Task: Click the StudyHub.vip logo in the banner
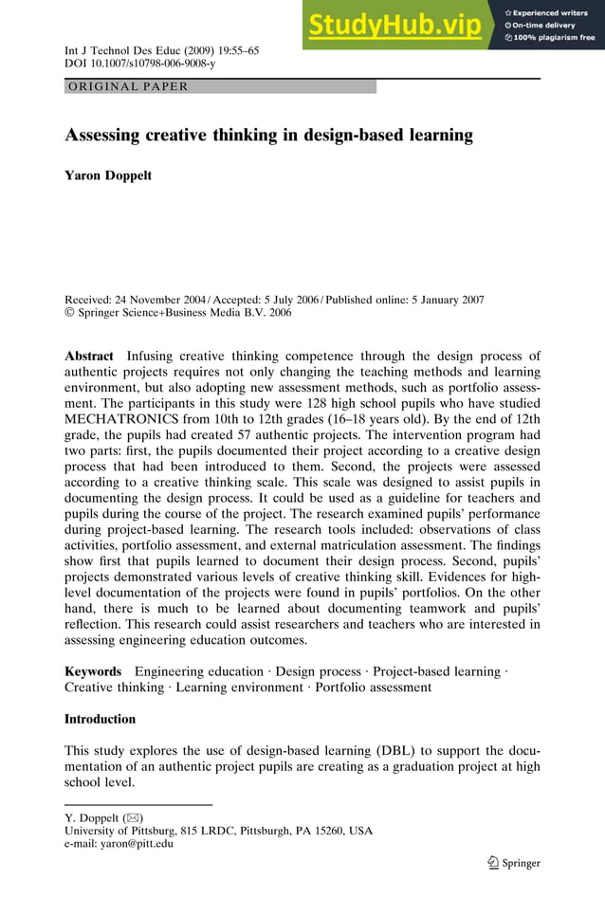point(395,26)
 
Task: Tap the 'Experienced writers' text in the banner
point(549,12)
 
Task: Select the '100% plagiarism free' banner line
point(549,38)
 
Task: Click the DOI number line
point(139,64)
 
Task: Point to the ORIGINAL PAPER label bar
point(220,86)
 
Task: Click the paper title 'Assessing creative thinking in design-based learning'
point(268,135)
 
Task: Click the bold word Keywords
point(93,671)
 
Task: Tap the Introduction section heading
point(100,719)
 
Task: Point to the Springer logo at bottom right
point(513,862)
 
